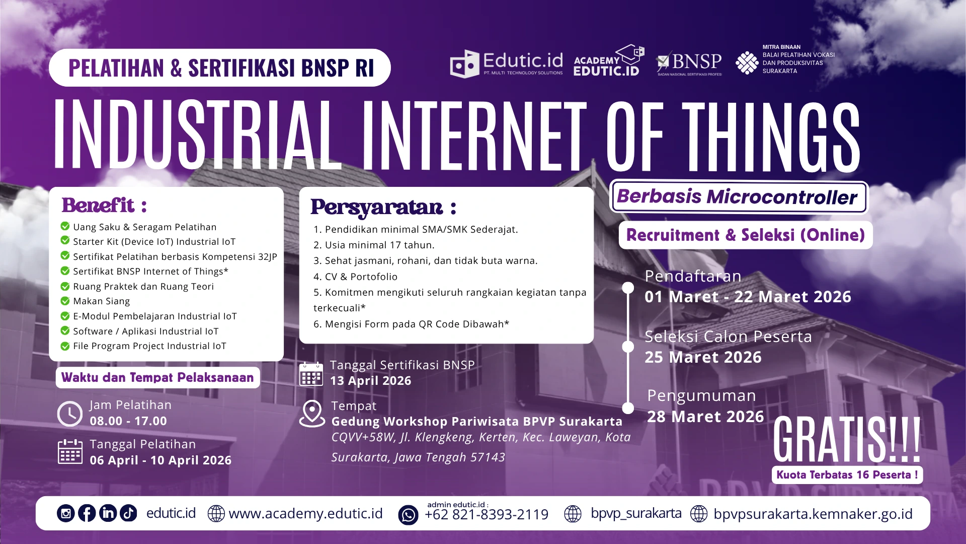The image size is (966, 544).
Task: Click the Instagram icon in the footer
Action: (x=66, y=513)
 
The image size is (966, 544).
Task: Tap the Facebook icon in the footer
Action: (x=87, y=513)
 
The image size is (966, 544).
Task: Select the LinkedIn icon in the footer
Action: (x=108, y=513)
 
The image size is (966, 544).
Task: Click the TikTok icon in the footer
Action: (x=128, y=513)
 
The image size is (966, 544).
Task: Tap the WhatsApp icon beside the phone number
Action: (x=408, y=515)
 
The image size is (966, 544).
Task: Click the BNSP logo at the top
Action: (x=689, y=63)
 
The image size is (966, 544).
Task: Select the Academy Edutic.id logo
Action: (x=608, y=61)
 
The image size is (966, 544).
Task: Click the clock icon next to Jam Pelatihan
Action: (x=70, y=414)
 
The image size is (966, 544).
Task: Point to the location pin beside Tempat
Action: (x=312, y=413)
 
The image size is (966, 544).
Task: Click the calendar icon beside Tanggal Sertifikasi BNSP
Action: (x=311, y=374)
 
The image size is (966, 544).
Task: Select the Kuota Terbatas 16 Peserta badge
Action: (x=847, y=475)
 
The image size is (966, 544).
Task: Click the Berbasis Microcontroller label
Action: (x=738, y=197)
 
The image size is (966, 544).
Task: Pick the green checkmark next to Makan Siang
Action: (x=65, y=301)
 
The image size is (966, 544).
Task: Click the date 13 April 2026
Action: (x=370, y=381)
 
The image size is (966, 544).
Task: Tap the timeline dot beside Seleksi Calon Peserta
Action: (x=628, y=347)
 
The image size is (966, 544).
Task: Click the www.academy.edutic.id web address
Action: (x=305, y=514)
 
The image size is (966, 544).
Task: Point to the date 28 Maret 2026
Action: (x=705, y=417)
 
